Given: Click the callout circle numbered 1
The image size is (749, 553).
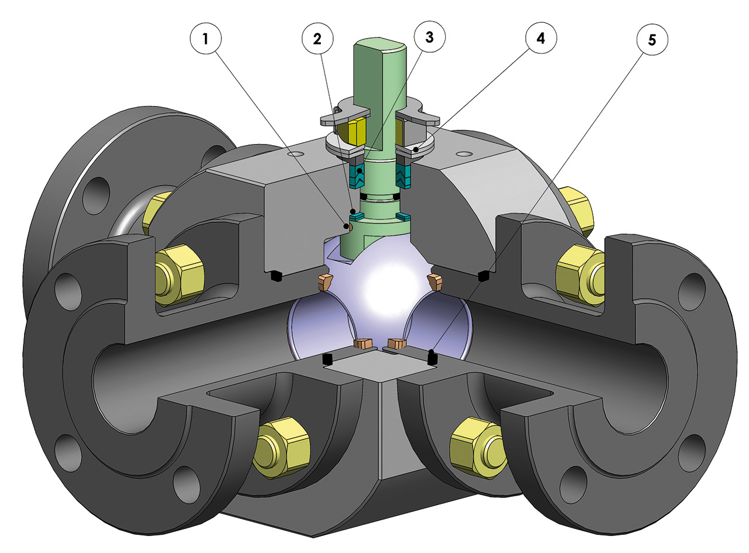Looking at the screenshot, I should pos(204,40).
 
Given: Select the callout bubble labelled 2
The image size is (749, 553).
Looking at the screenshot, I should pos(317,40).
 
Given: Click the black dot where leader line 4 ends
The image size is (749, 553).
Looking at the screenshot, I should pos(415,150).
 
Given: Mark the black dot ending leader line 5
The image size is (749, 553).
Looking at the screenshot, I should pos(431,353).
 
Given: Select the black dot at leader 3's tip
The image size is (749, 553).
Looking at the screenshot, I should pos(360,171).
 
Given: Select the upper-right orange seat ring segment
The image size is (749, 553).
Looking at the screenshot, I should pos(436,281).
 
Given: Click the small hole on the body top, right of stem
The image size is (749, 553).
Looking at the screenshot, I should pos(464,154).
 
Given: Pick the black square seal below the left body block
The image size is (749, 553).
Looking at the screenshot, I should pos(274,274).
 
